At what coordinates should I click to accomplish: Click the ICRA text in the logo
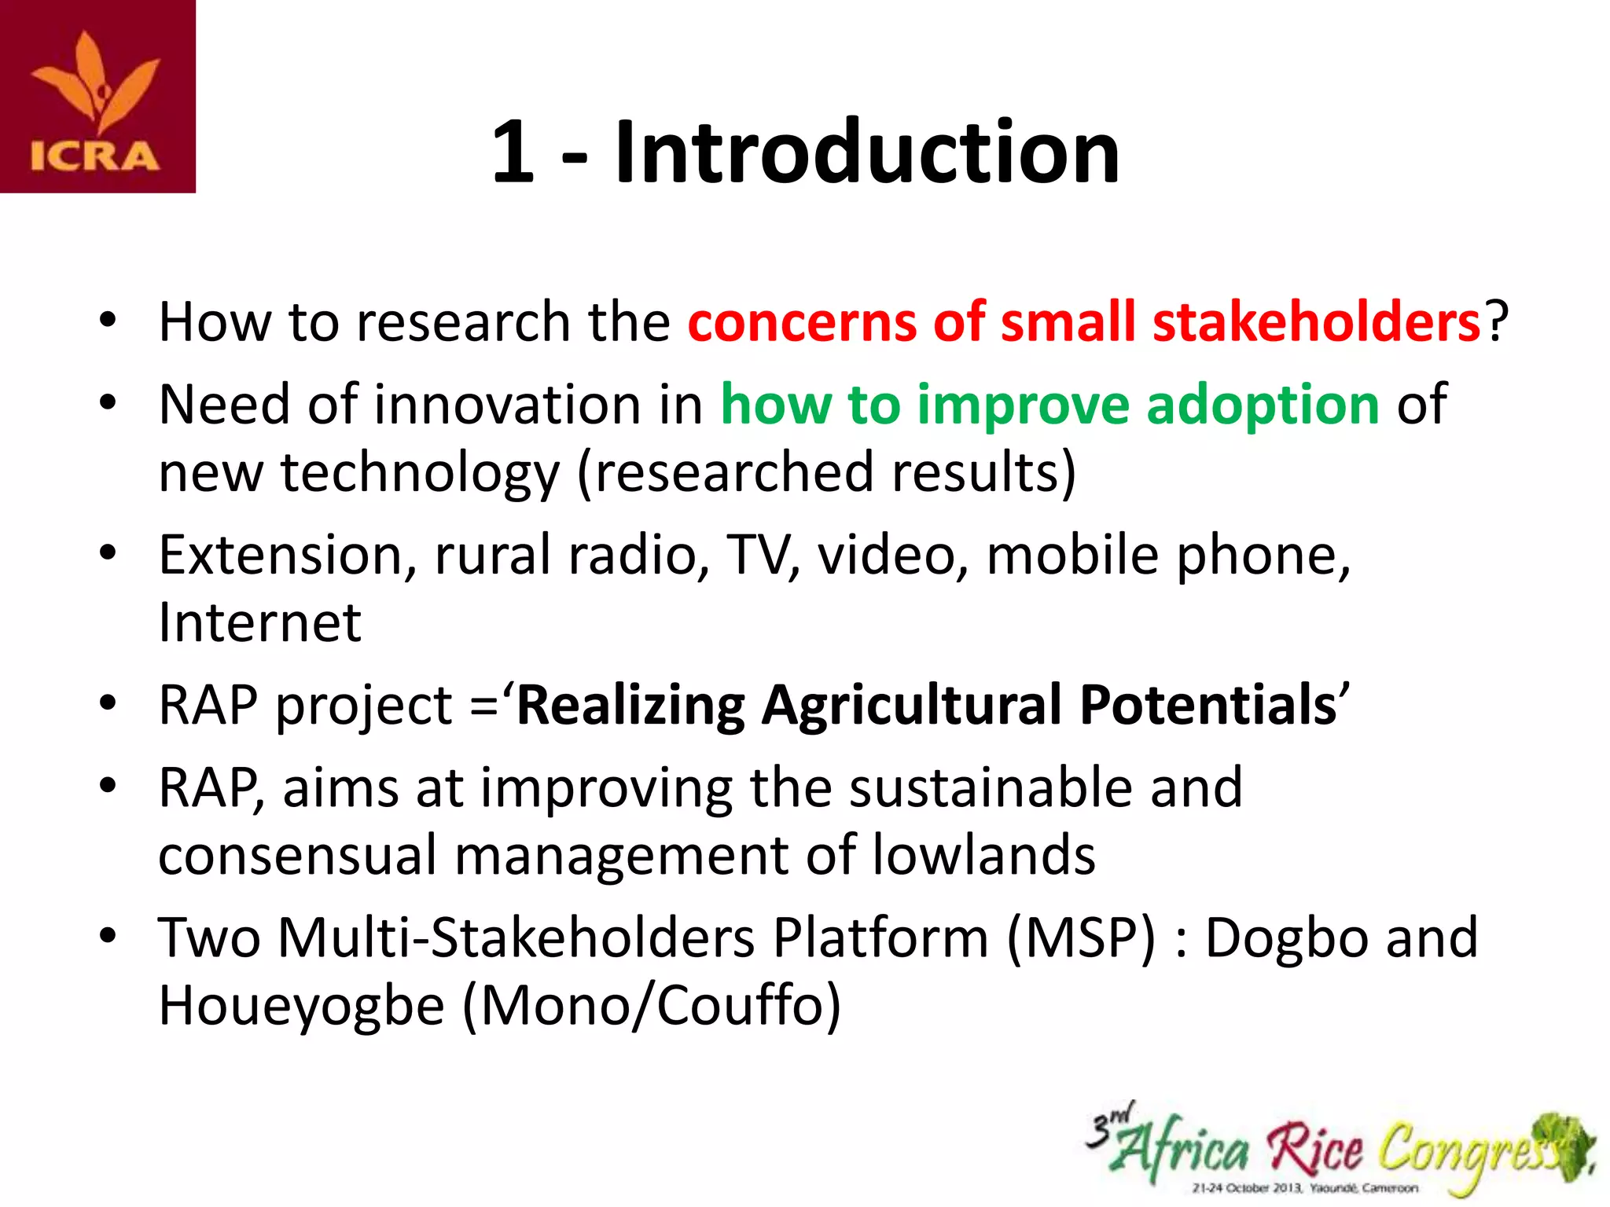95,156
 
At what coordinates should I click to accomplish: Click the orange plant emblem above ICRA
96,83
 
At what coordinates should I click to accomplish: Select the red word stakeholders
1317,321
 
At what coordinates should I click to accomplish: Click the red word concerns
802,321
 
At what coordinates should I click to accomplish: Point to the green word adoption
1263,404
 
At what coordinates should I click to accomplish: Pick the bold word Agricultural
912,705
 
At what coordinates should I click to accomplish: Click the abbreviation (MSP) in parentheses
1082,938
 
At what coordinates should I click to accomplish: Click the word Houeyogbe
301,1007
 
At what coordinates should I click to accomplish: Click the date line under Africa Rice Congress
1305,1188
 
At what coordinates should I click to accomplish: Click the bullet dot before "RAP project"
108,703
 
